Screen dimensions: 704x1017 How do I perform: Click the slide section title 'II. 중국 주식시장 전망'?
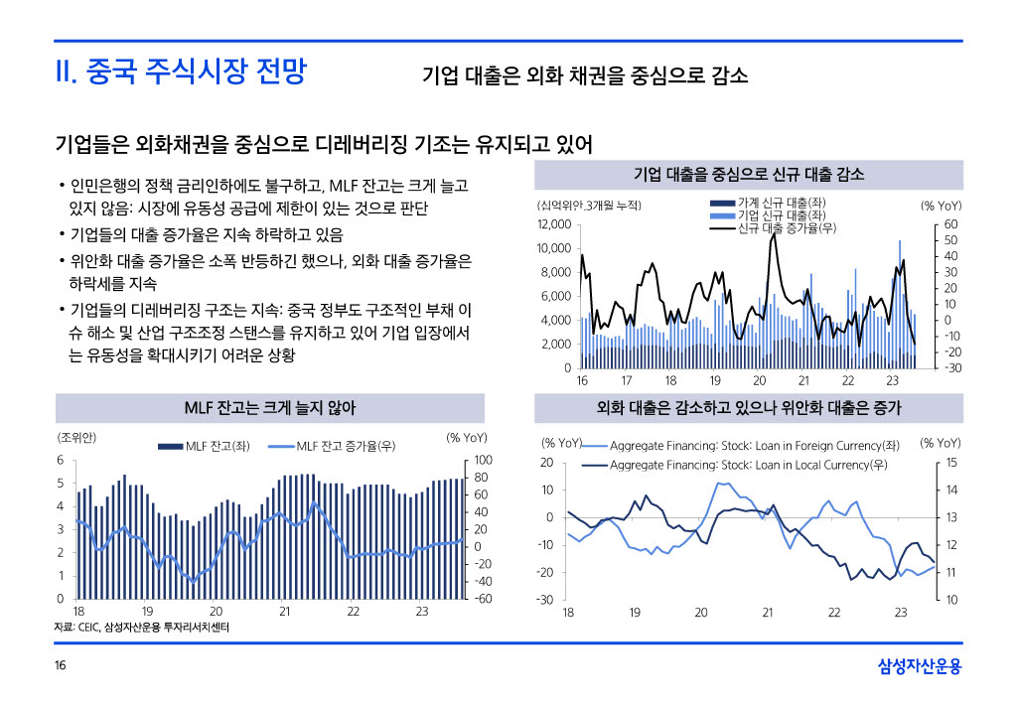(180, 72)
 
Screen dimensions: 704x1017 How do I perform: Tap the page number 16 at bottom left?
(61, 666)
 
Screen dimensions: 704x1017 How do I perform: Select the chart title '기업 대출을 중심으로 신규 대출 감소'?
(749, 175)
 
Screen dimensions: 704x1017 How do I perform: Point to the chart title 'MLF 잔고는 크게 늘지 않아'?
(270, 408)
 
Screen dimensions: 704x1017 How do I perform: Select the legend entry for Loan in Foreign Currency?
(755, 445)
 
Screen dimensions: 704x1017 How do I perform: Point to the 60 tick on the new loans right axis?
(950, 224)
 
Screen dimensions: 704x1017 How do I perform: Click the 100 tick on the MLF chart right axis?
(484, 460)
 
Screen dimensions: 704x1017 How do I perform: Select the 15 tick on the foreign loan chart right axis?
(950, 463)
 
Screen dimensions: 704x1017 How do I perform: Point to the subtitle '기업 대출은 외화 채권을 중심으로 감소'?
(585, 75)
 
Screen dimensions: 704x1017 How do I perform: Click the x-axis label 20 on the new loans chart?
(760, 381)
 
